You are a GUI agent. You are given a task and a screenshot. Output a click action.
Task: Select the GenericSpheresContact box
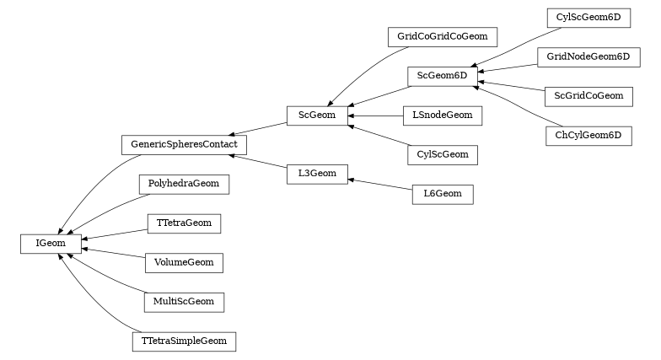pos(184,144)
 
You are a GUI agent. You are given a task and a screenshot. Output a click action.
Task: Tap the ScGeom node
pos(317,115)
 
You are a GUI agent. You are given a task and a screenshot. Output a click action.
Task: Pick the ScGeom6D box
pos(443,76)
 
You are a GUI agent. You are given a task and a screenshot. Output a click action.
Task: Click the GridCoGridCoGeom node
pos(442,37)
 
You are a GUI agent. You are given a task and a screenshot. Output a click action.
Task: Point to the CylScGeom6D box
pos(588,18)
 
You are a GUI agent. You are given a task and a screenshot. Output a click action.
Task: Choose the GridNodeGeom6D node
pos(588,56)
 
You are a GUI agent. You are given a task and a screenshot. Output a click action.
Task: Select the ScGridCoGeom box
pos(588,95)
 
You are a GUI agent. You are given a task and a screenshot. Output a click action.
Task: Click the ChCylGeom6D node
pos(588,135)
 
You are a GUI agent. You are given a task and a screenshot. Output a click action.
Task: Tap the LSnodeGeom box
pos(443,115)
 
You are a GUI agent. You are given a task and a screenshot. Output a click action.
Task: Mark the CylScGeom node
pos(443,154)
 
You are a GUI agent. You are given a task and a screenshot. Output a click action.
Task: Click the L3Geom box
pos(317,174)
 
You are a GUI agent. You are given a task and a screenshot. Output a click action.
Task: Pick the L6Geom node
pos(443,194)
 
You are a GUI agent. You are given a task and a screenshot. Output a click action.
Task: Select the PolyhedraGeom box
pos(184,183)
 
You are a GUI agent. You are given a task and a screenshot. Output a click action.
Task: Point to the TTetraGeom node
pos(184,223)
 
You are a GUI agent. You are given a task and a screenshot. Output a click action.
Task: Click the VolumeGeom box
pos(184,262)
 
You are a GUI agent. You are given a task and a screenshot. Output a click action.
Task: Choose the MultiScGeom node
pos(184,301)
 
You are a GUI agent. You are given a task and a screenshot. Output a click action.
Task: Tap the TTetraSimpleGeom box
pos(184,341)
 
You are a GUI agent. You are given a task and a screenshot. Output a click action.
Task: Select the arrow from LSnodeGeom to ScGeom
pos(376,115)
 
